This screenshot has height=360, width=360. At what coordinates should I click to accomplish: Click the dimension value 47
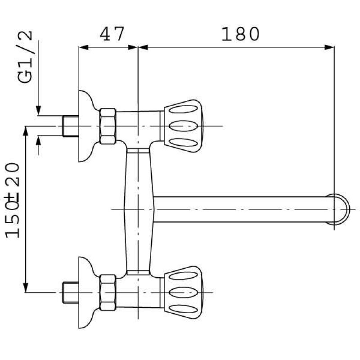click(x=112, y=34)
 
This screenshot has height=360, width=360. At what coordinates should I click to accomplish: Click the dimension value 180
click(x=240, y=34)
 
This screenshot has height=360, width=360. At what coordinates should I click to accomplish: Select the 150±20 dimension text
click(x=13, y=200)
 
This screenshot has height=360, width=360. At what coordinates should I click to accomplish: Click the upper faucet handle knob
click(x=181, y=126)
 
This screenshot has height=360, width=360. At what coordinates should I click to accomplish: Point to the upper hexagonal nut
click(x=108, y=126)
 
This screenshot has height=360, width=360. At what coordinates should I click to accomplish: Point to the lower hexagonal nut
click(x=108, y=292)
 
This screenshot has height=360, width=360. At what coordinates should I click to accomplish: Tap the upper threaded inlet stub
click(x=71, y=126)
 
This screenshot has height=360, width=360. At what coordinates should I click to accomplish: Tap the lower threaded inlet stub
click(x=71, y=292)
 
